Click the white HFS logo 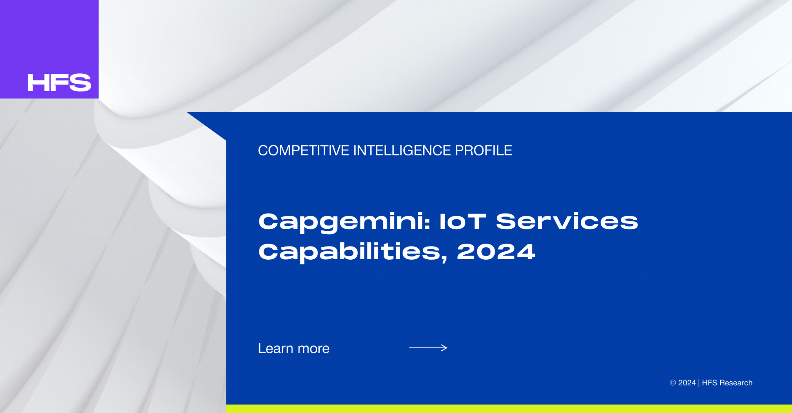[59, 82]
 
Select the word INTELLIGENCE [402, 150]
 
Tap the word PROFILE [483, 150]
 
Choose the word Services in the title [567, 221]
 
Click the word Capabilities [350, 252]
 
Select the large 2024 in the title [496, 252]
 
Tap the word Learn [276, 348]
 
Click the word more [313, 349]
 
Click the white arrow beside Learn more [428, 348]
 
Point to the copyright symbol [673, 383]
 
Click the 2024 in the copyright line [687, 383]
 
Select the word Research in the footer [736, 383]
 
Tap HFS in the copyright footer [709, 383]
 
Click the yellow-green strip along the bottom [509, 409]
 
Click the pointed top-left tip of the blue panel [187, 112]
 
